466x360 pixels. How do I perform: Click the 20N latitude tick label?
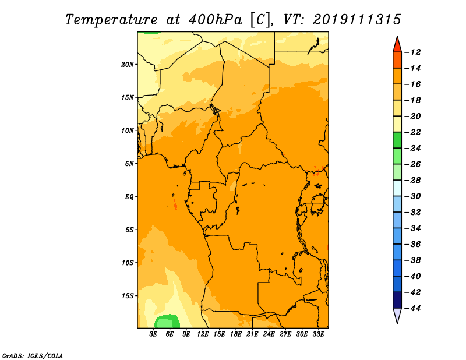[x=128, y=65]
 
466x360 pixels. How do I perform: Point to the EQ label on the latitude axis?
[x=129, y=197]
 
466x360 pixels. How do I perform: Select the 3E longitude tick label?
[x=153, y=334]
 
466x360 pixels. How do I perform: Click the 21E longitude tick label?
[x=252, y=334]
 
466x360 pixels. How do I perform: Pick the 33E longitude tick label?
[x=318, y=334]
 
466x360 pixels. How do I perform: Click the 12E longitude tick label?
[x=203, y=334]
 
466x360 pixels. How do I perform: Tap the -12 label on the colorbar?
[x=413, y=52]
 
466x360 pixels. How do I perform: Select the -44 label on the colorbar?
[x=413, y=308]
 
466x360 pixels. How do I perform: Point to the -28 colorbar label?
[x=413, y=180]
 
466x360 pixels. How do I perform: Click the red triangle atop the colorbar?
[x=397, y=44]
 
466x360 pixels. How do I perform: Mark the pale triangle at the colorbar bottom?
[x=397, y=316]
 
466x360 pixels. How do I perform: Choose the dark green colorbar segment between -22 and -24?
[x=397, y=140]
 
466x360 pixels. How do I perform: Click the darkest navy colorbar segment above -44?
[x=397, y=300]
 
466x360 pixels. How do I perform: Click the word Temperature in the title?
[x=111, y=20]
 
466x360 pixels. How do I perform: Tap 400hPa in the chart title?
[x=216, y=20]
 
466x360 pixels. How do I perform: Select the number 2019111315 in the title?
[x=357, y=20]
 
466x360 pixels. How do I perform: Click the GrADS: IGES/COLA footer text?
[x=33, y=355]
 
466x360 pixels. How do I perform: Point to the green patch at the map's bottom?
[x=167, y=322]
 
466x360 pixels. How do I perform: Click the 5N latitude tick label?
[x=129, y=164]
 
